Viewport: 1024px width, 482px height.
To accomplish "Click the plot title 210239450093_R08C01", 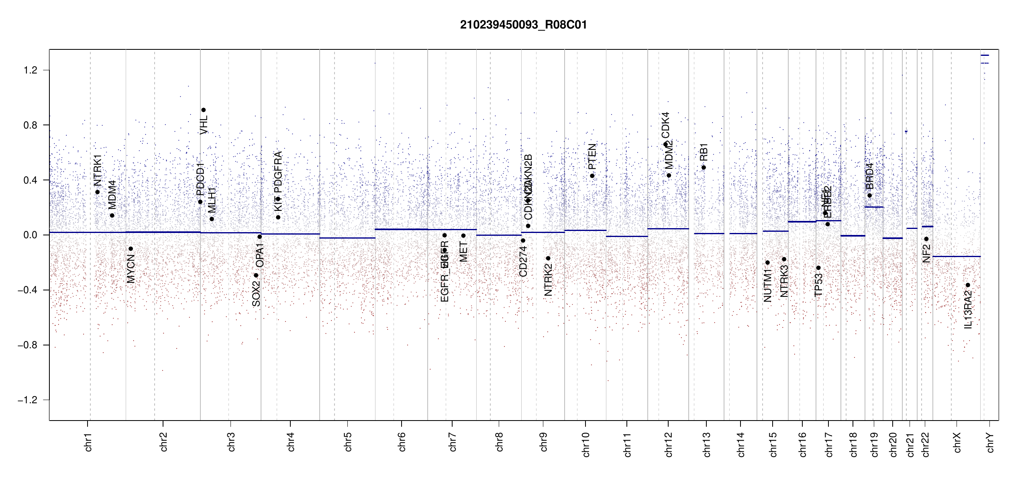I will (x=523, y=25).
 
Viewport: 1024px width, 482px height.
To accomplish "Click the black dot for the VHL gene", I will (x=204, y=110).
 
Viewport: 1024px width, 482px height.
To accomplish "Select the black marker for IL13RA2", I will (x=968, y=285).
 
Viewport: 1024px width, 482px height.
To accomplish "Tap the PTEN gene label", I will (x=592, y=157).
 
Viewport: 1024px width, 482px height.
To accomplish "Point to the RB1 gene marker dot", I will (x=704, y=167).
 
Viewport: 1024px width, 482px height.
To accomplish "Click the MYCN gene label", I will (x=131, y=269).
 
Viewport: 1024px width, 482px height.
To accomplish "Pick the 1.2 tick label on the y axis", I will (x=30, y=70).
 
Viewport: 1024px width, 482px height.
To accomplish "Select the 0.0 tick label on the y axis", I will (x=30, y=235).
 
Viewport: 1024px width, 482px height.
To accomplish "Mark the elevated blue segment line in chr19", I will (x=874, y=207).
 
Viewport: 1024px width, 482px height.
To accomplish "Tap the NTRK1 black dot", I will (x=97, y=192).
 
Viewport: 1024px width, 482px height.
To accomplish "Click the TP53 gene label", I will (x=818, y=285).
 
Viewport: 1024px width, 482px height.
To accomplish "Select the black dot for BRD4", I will (x=870, y=196).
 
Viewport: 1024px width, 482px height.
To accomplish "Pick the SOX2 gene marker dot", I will (x=256, y=276).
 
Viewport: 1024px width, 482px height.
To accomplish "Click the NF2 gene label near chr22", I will (x=926, y=253).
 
